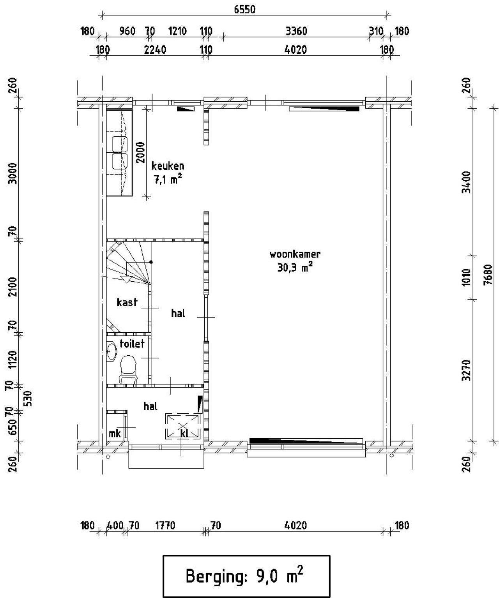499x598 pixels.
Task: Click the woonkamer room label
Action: point(295,254)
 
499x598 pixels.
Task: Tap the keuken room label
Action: point(168,166)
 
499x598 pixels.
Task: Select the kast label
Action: point(127,302)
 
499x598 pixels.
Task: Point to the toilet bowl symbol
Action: point(128,369)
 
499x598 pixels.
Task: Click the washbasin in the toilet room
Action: point(112,351)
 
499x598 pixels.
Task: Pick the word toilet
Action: point(132,343)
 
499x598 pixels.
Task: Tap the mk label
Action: point(115,434)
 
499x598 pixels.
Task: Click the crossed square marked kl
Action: point(182,425)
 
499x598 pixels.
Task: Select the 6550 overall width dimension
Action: point(244,9)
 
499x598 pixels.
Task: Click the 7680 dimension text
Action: point(488,275)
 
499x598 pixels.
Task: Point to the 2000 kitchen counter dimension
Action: point(140,152)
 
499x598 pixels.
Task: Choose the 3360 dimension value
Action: point(296,31)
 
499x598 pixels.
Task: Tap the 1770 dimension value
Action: point(165,526)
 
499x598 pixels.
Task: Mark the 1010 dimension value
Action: point(466,277)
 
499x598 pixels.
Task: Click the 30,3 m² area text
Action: point(295,267)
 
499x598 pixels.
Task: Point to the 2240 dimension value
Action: point(155,50)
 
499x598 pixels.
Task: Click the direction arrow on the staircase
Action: point(126,279)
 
